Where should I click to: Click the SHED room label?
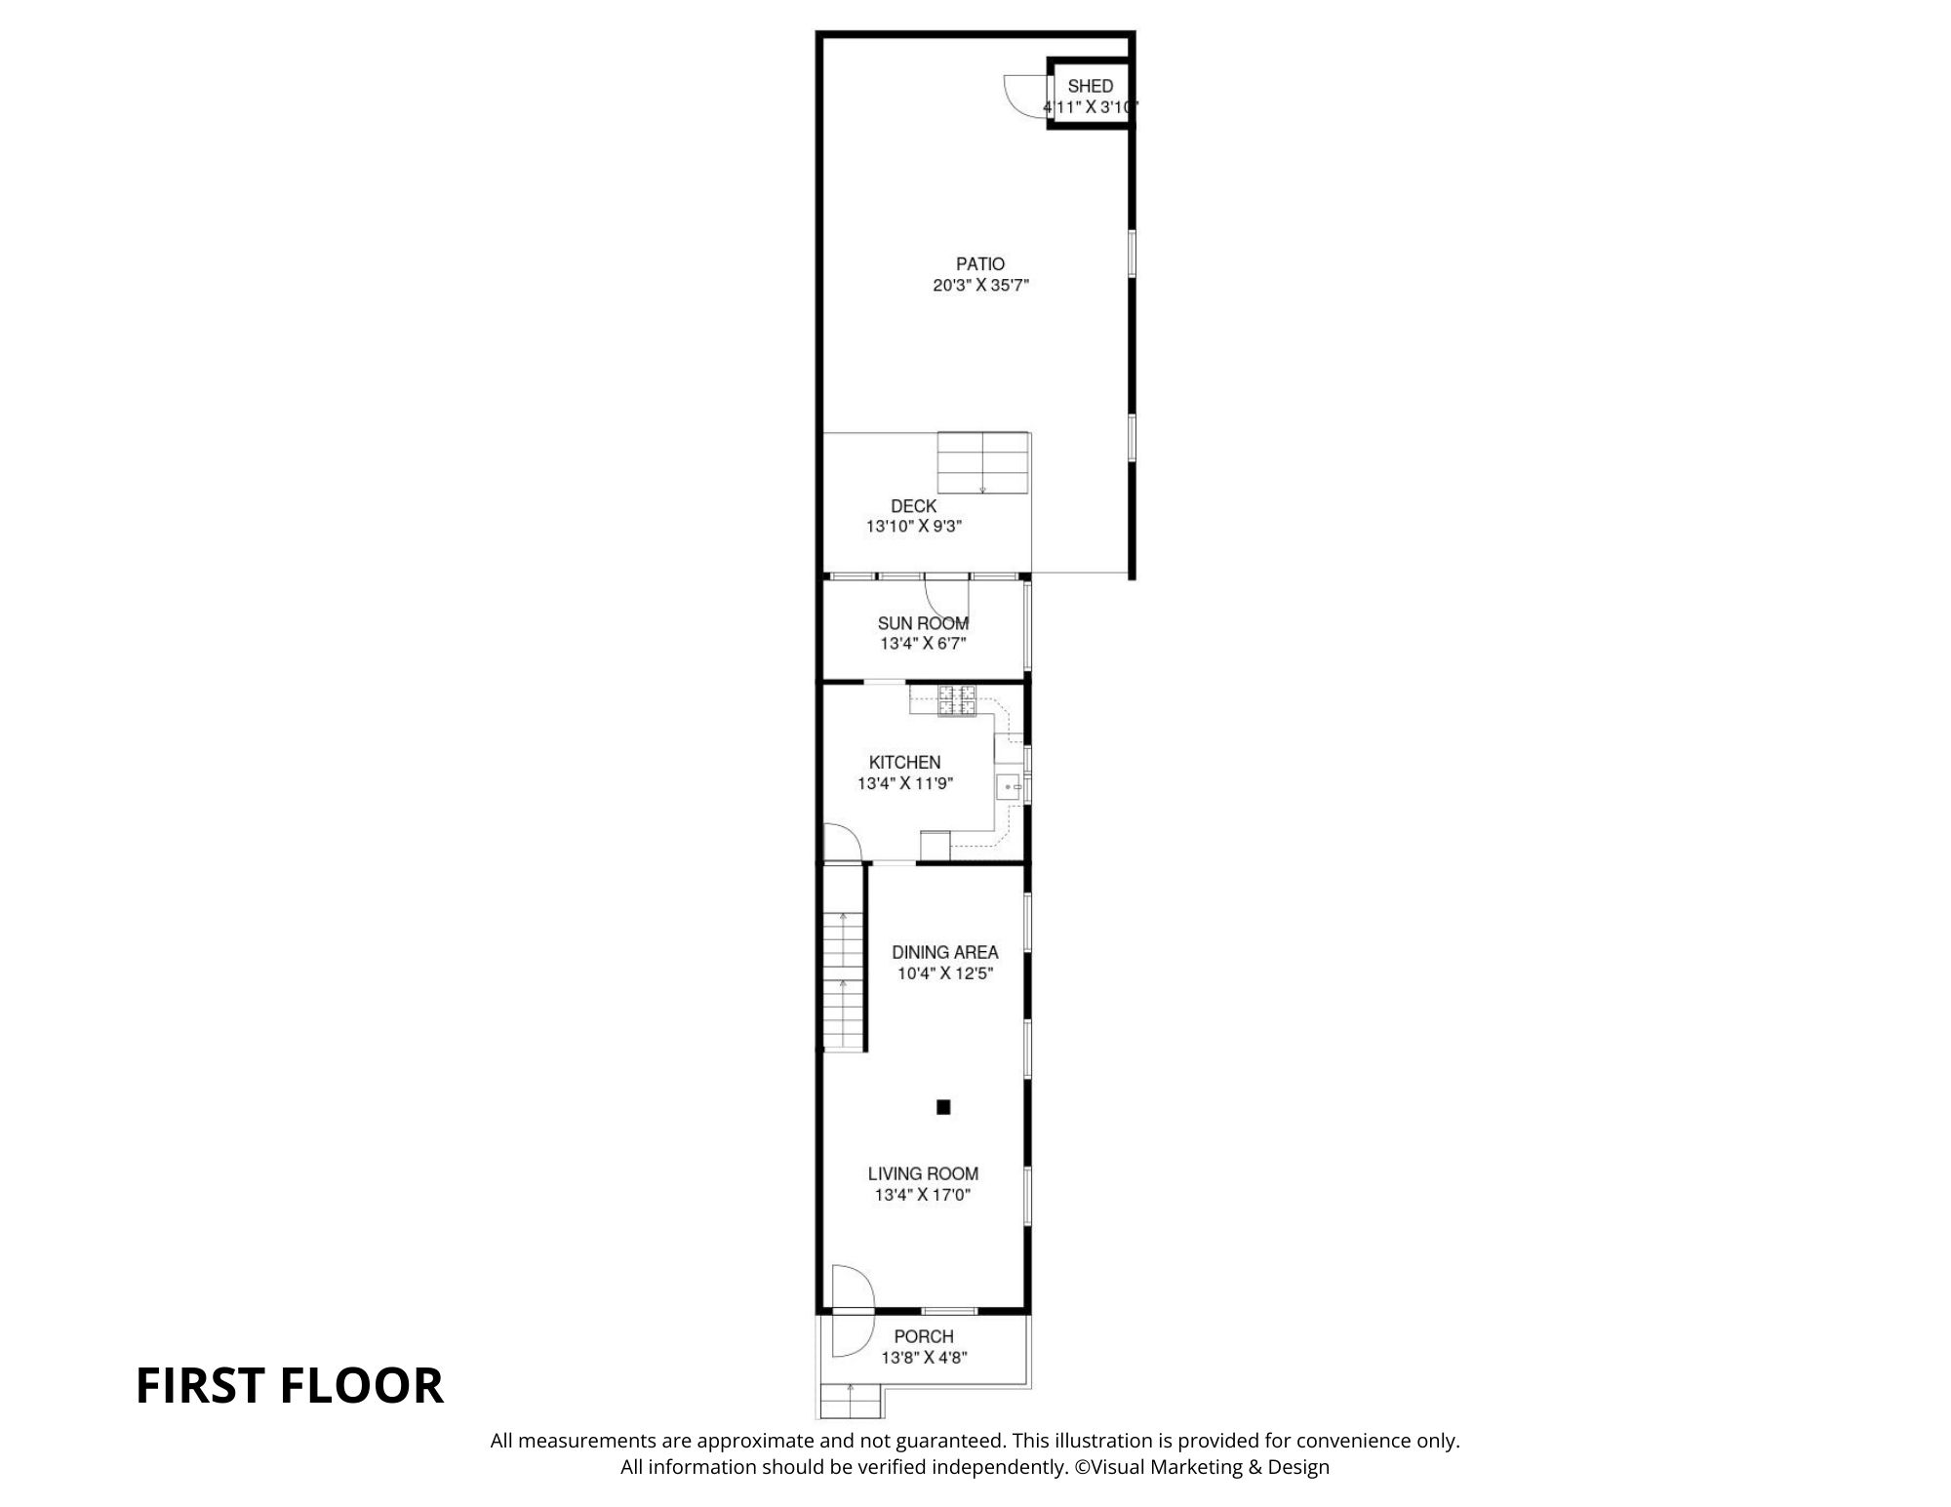1090,86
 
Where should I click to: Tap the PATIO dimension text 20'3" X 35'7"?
980,286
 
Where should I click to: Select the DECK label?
913,506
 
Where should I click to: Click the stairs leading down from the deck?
982,462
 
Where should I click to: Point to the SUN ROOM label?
923,623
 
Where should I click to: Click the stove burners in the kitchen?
957,701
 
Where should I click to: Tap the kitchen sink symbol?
1010,786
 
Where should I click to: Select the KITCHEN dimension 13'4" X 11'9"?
904,783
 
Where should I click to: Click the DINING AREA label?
944,952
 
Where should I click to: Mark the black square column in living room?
943,1107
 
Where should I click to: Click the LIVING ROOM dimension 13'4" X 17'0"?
923,1195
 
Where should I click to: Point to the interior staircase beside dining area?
843,980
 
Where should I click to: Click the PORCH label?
923,1336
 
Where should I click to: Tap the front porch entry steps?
851,1402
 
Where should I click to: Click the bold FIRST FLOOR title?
289,1386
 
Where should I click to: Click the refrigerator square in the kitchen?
935,846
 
